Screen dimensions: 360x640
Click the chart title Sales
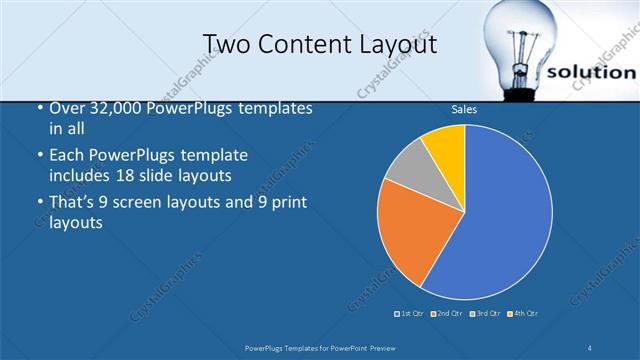tap(464, 109)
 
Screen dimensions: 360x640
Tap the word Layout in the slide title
tap(398, 44)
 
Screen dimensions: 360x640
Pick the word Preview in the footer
tap(393, 348)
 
